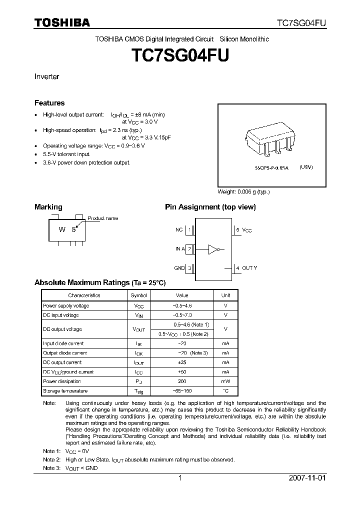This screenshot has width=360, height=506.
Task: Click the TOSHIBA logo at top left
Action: point(62,23)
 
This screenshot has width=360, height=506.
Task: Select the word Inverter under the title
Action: point(46,76)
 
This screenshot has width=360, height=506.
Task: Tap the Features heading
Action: point(49,103)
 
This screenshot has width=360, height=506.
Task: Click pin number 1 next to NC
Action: point(189,230)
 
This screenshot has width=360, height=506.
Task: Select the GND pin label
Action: point(179,268)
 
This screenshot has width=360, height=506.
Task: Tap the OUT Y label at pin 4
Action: point(249,268)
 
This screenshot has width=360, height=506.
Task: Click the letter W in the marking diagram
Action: point(62,230)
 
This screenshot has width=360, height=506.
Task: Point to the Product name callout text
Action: point(102,218)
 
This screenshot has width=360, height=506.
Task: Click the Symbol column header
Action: point(138,295)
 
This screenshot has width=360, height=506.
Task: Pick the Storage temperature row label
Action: point(65,390)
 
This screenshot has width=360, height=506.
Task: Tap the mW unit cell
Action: point(225,381)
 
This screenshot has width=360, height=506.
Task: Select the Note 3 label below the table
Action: point(52,468)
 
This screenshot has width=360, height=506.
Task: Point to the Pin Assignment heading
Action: point(210,207)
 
